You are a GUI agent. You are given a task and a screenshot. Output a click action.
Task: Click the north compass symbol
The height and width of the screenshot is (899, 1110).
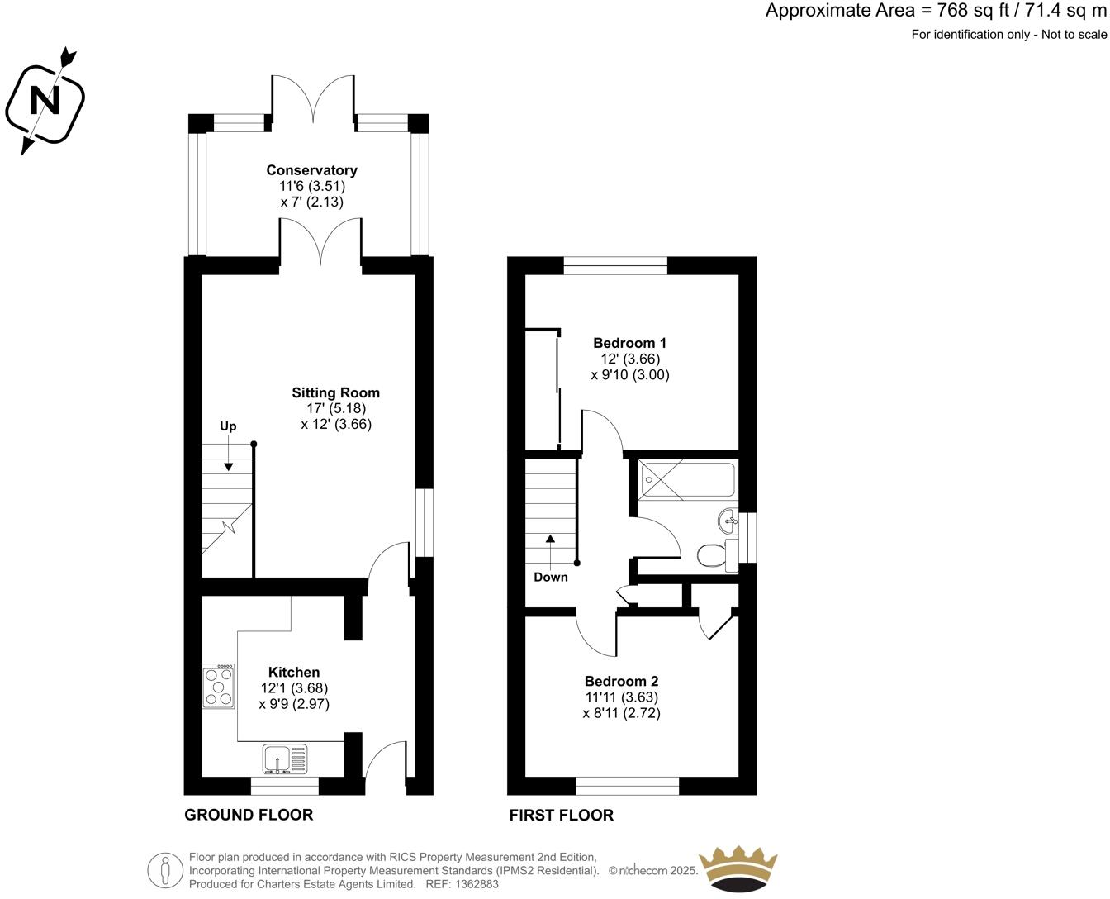pos(46,101)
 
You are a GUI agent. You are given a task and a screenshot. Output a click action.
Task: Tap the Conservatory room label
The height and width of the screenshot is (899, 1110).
pos(311,170)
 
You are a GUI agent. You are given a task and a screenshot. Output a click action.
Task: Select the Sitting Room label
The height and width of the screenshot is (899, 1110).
pos(335,392)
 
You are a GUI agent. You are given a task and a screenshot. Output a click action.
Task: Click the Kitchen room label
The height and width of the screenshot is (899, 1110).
pos(293,673)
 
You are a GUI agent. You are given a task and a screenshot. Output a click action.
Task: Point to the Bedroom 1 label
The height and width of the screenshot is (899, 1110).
pos(629,343)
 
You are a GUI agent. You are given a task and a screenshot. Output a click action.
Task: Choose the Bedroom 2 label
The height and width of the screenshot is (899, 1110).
pos(621,682)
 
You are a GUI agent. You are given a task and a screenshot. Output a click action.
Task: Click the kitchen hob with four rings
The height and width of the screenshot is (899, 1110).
pos(220,687)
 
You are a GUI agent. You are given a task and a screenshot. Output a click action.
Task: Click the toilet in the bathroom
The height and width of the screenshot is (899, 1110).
pos(711,555)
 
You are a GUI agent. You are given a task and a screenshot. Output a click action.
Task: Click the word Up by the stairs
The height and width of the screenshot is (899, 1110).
pos(228,426)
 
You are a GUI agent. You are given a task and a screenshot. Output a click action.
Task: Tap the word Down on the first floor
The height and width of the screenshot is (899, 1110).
pos(550,577)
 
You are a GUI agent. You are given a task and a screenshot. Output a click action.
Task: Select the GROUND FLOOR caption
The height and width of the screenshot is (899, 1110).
pos(249,816)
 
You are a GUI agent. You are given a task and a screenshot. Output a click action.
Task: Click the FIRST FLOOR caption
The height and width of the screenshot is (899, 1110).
pos(561,816)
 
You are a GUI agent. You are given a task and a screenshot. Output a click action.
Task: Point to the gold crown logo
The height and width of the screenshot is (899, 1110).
pos(738,868)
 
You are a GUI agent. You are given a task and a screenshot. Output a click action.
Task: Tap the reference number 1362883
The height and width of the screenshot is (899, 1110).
pos(476,884)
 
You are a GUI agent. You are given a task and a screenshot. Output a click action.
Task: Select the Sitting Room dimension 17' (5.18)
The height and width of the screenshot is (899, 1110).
pos(335,408)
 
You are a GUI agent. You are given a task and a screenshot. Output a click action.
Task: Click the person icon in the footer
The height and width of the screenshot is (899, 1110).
pos(166,870)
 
